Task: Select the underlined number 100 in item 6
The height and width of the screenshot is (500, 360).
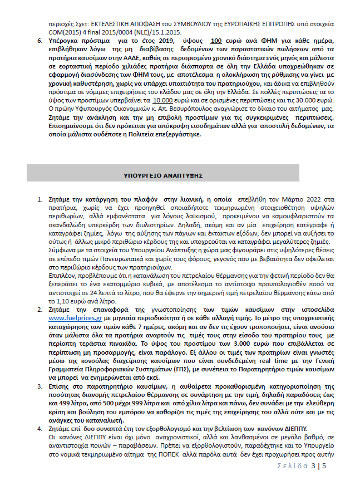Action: (216, 41)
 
